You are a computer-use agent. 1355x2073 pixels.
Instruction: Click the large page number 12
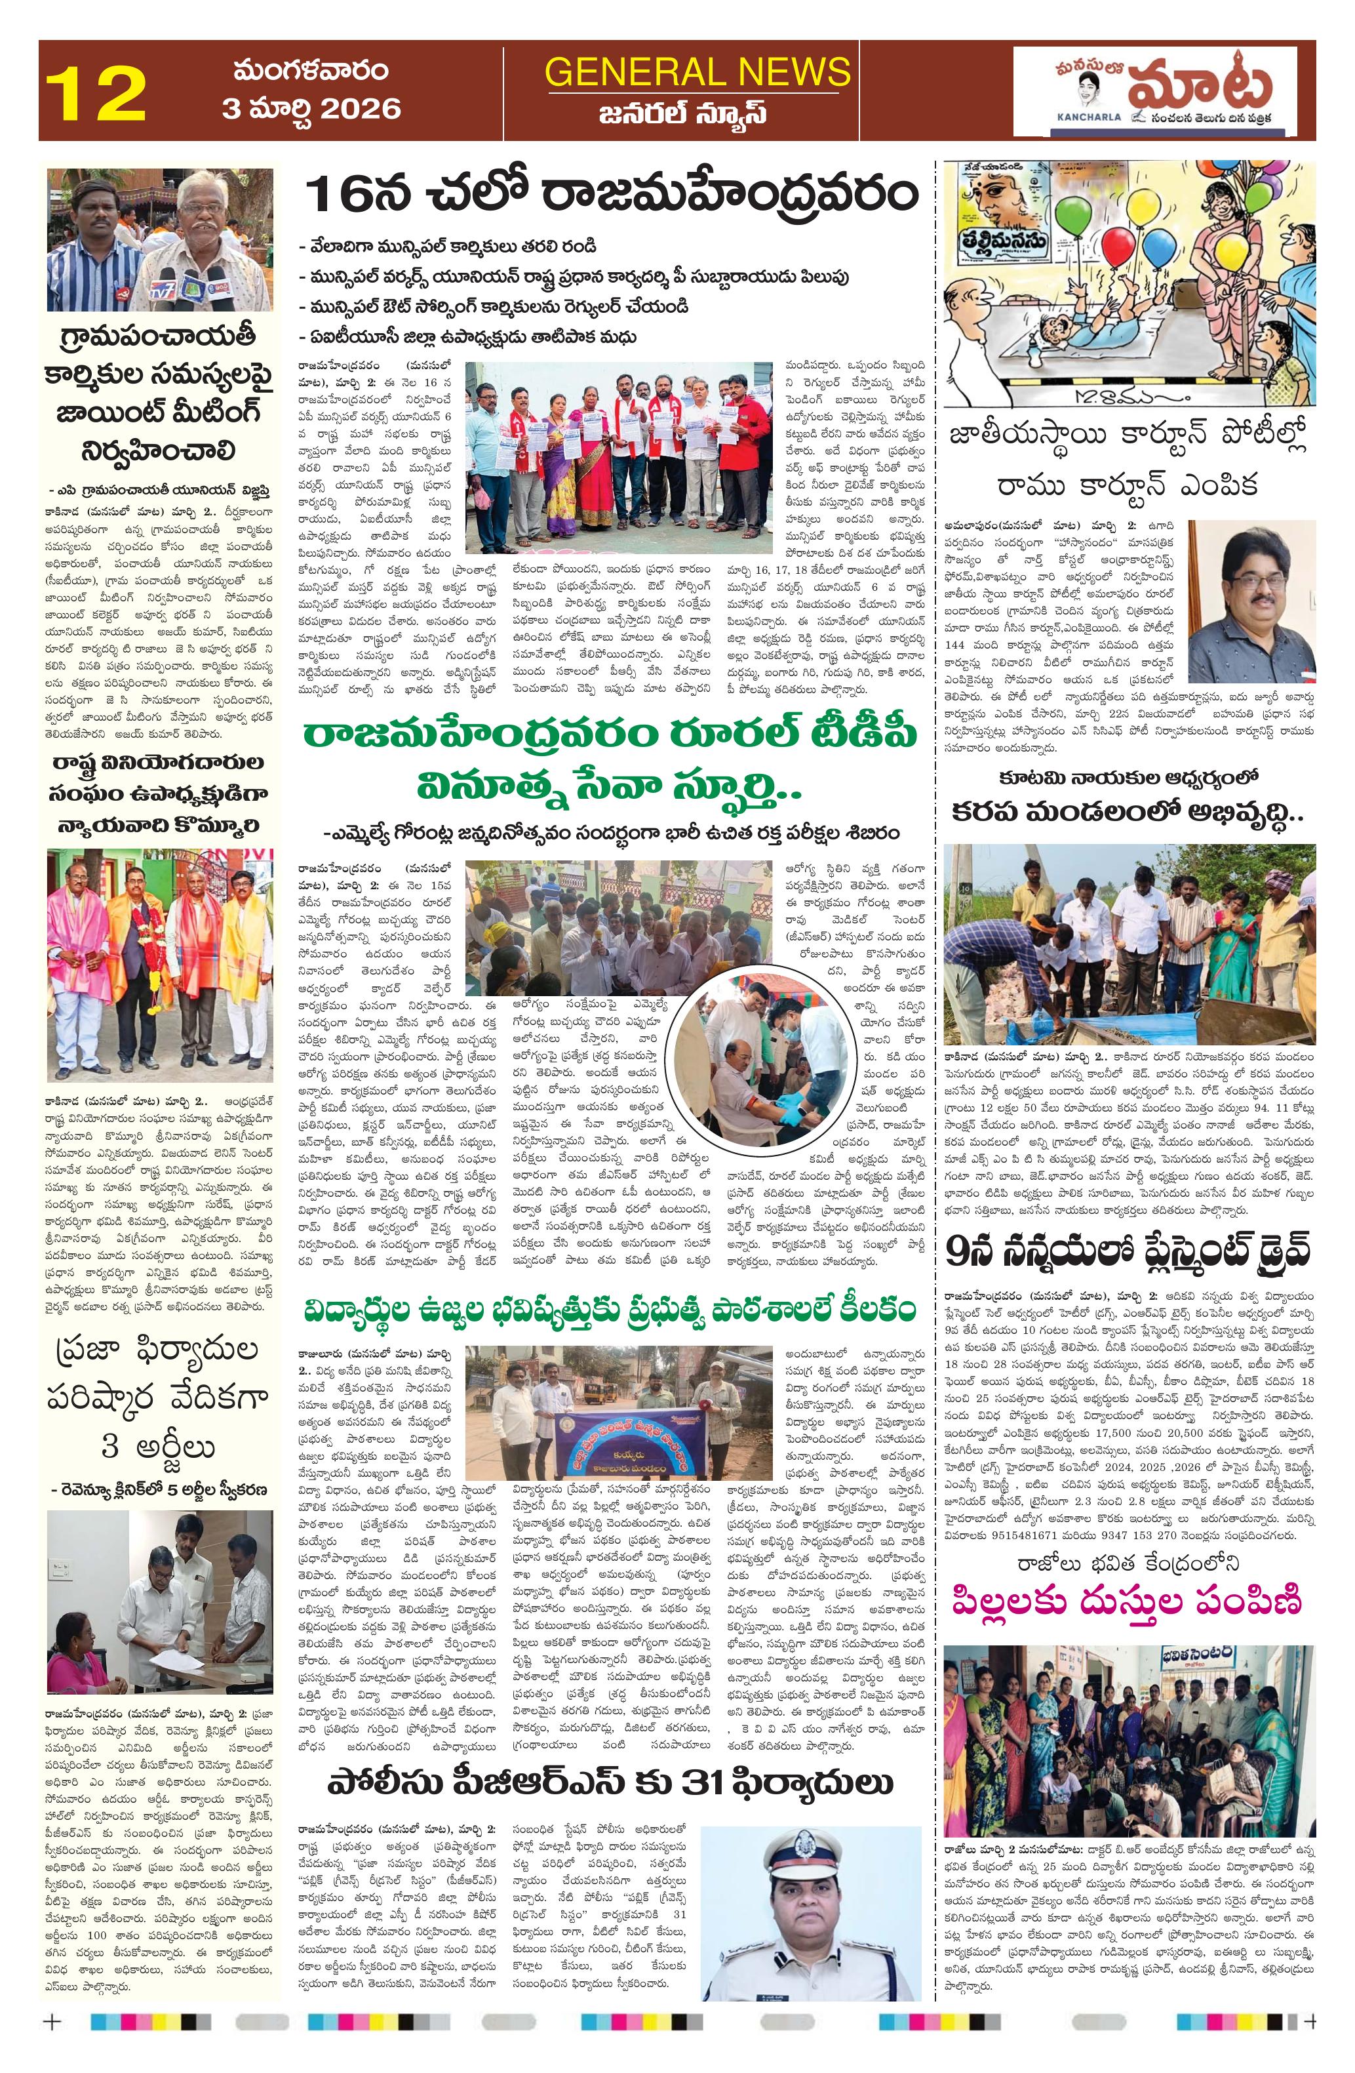[95, 93]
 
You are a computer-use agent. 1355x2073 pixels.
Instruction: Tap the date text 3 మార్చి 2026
[311, 108]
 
